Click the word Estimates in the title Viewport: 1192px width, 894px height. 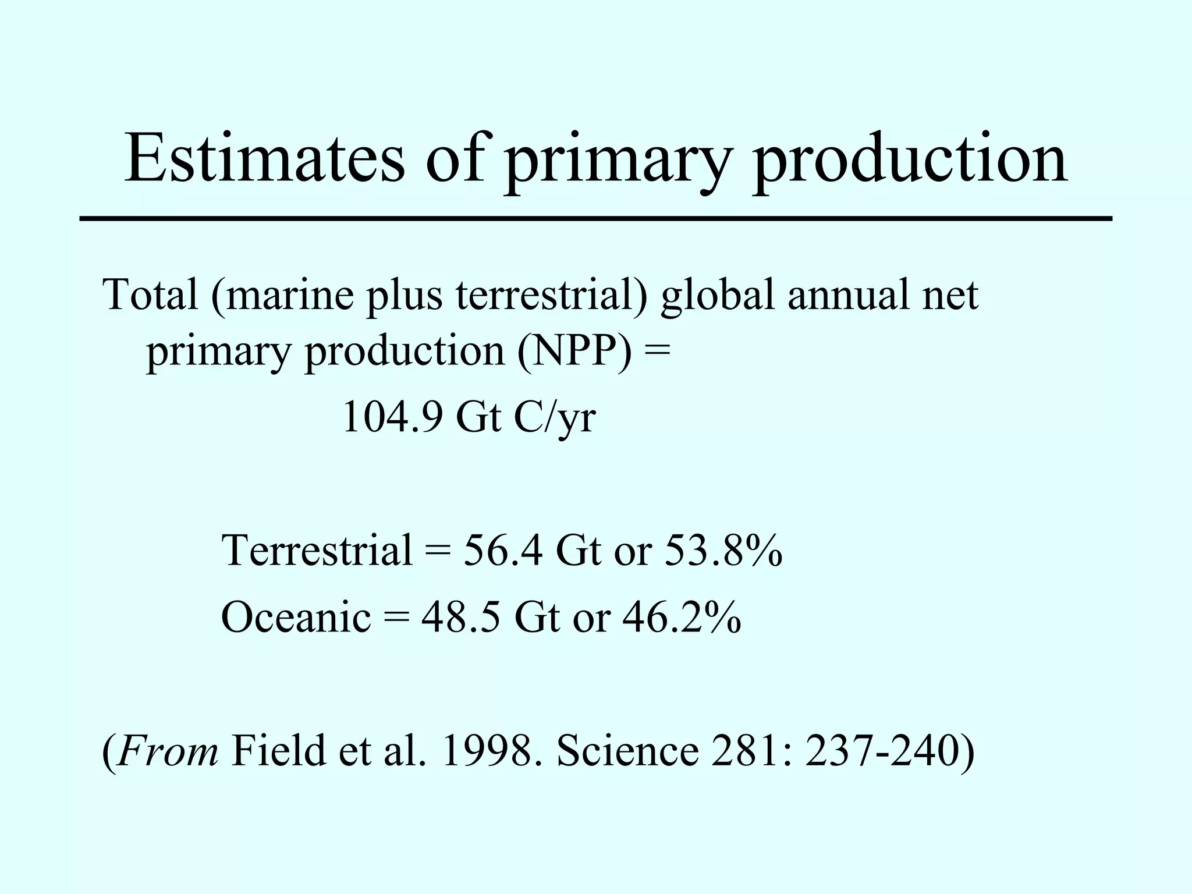(x=264, y=158)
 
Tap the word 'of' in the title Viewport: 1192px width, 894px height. (x=455, y=158)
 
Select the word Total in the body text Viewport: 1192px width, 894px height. (x=150, y=295)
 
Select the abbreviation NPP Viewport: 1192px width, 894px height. (x=573, y=352)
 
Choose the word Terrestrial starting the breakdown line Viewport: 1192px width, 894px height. (x=317, y=549)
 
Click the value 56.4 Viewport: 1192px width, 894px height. (x=503, y=549)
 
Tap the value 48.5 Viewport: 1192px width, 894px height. (x=460, y=617)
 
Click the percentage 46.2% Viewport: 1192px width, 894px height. (x=682, y=617)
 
